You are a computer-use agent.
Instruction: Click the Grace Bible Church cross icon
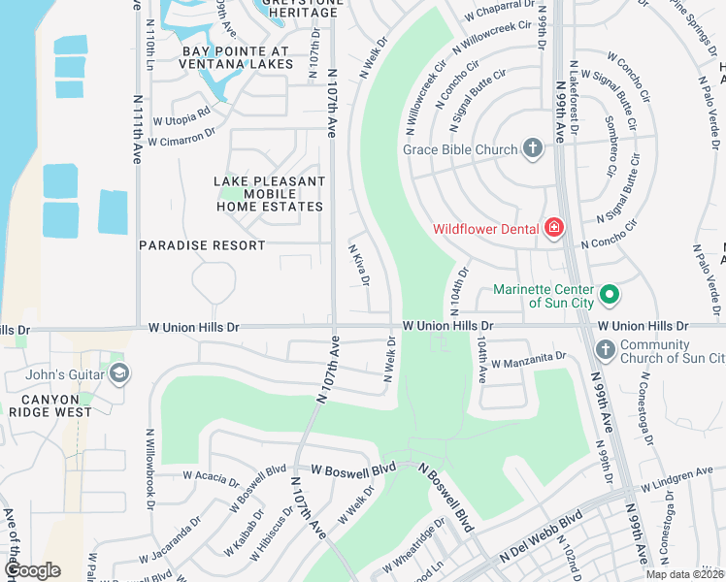pyautogui.click(x=532, y=148)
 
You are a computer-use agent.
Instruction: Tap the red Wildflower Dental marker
pyautogui.click(x=554, y=228)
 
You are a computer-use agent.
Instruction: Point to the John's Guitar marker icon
pyautogui.click(x=118, y=372)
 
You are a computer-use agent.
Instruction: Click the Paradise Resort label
pyautogui.click(x=202, y=245)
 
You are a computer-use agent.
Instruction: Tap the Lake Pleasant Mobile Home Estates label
pyautogui.click(x=268, y=194)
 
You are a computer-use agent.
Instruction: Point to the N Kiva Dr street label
pyautogui.click(x=359, y=265)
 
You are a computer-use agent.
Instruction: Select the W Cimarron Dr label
pyautogui.click(x=181, y=138)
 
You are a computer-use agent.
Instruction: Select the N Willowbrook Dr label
pyautogui.click(x=150, y=469)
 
